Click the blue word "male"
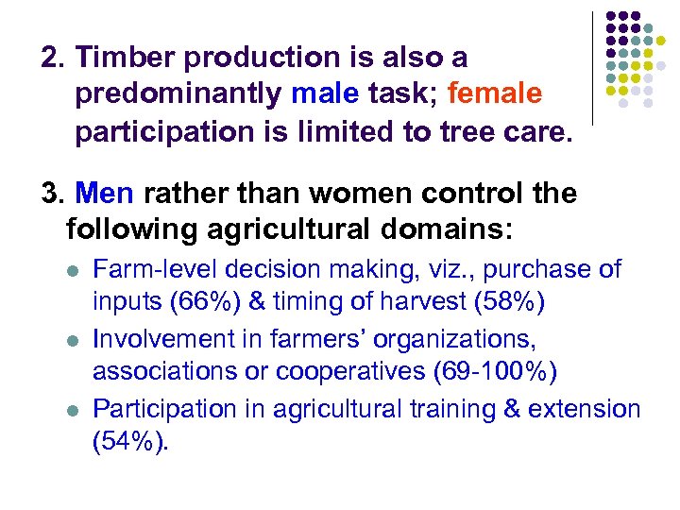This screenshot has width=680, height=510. coord(325,94)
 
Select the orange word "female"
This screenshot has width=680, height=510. coord(495,94)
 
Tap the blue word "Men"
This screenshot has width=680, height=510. coord(107,194)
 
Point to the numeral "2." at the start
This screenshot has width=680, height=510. coord(54,58)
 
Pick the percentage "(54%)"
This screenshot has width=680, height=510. coord(130,443)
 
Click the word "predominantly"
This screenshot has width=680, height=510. coord(179,94)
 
